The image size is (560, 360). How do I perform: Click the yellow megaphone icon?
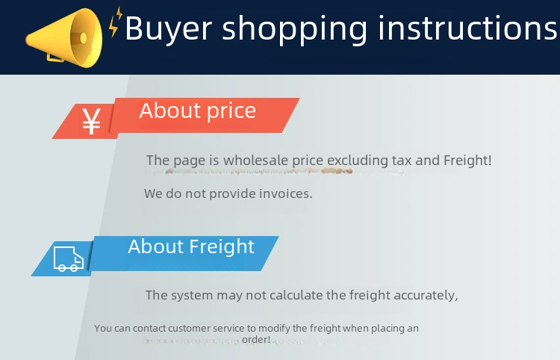click(64, 38)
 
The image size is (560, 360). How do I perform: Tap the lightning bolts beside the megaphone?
click(115, 22)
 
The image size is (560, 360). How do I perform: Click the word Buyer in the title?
click(169, 28)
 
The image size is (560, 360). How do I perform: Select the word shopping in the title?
click(294, 29)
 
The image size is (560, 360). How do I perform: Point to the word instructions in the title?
click(467, 28)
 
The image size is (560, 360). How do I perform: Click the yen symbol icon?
click(91, 121)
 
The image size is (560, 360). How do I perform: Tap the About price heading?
click(198, 111)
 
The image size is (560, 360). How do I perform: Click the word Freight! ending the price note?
click(467, 161)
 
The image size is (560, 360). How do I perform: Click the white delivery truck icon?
click(69, 258)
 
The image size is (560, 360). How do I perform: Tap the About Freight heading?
click(191, 246)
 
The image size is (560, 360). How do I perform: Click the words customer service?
click(206, 328)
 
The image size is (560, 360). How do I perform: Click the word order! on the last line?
click(256, 339)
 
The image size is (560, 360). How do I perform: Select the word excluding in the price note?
click(358, 161)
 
